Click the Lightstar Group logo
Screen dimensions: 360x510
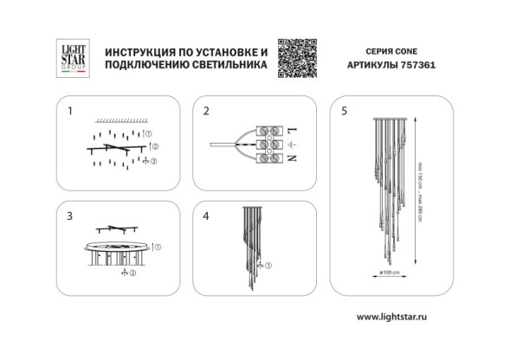click(68, 58)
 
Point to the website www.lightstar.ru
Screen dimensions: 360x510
click(392, 317)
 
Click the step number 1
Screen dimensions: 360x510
click(71, 112)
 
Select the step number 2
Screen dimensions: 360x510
click(206, 112)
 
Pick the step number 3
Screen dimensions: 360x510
click(71, 216)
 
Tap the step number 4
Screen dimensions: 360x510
click(206, 216)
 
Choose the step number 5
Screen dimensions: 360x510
click(344, 112)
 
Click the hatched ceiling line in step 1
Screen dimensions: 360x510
click(118, 119)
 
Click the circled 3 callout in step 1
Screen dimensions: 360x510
click(153, 162)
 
